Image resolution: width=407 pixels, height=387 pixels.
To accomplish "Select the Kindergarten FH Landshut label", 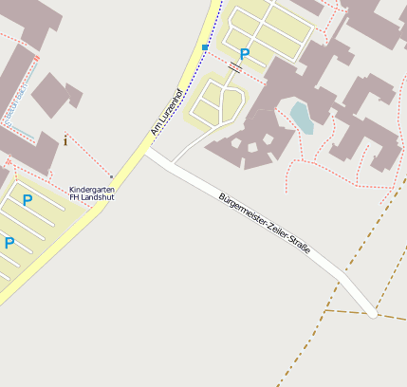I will (92, 193).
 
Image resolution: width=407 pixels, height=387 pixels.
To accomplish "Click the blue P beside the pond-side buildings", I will (245, 55).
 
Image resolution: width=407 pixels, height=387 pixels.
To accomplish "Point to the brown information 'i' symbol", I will (65, 140).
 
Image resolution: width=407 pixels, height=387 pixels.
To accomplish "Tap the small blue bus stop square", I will (205, 46).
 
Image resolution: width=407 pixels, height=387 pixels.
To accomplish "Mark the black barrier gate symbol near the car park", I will (234, 67).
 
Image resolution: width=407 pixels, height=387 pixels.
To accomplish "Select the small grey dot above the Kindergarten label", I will (111, 176).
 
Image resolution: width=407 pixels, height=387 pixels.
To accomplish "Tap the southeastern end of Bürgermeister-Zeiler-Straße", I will (374, 313).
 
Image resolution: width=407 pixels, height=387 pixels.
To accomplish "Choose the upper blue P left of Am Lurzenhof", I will (28, 200).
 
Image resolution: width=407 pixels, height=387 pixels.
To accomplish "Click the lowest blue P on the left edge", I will (9, 243).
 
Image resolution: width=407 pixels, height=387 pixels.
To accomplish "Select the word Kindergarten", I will (92, 189).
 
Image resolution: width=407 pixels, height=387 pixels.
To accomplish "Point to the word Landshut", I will (99, 198).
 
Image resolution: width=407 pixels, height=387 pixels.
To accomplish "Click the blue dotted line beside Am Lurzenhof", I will (211, 33).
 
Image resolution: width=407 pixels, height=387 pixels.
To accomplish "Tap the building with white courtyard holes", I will (257, 138).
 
